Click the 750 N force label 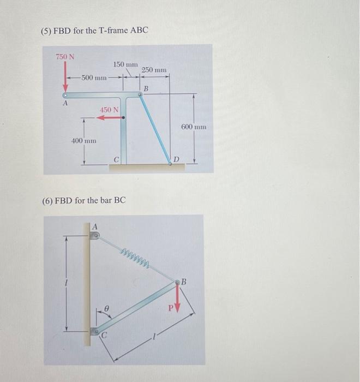coord(65,56)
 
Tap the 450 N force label coord(109,110)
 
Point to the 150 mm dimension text coord(125,64)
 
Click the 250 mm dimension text coord(154,70)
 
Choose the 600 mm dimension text coord(194,127)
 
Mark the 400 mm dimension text coord(84,141)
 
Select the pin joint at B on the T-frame coord(141,94)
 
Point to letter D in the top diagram coord(176,159)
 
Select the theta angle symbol coord(108,308)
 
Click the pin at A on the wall coord(95,236)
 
